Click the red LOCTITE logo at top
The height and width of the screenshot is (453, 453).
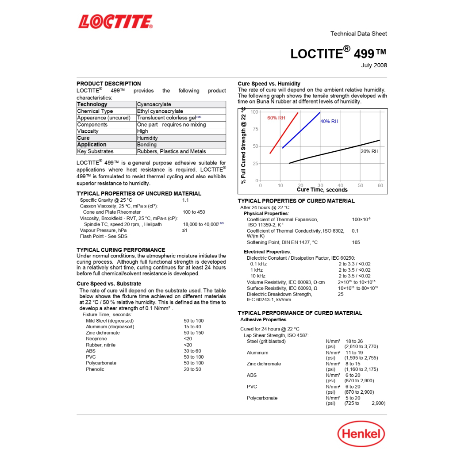(x=115, y=21)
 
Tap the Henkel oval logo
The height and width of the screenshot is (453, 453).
(x=361, y=433)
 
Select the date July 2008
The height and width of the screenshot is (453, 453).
(x=374, y=65)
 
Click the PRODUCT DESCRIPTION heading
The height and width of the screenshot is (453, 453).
(x=109, y=84)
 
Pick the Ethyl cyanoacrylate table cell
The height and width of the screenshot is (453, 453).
(x=160, y=111)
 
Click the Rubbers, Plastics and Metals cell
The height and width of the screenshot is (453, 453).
(x=171, y=151)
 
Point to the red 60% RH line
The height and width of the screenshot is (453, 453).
(x=284, y=133)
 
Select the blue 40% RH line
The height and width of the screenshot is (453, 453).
(x=301, y=130)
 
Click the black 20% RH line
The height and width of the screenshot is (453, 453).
(x=336, y=151)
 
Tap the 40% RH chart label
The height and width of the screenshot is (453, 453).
(x=329, y=121)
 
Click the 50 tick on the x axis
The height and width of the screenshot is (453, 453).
(x=360, y=186)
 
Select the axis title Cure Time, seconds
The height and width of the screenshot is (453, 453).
(x=322, y=190)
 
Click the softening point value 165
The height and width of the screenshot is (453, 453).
(x=356, y=242)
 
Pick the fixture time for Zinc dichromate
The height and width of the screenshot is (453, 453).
(x=194, y=333)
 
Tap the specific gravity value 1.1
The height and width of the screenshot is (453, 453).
(x=185, y=200)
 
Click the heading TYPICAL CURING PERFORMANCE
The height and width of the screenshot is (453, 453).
(x=121, y=250)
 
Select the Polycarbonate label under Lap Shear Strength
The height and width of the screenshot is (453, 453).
(x=262, y=398)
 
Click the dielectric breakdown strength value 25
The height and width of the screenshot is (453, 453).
(x=341, y=294)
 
